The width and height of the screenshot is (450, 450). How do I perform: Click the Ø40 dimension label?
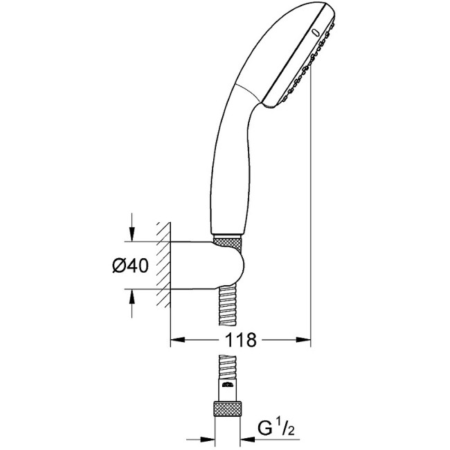point(129,266)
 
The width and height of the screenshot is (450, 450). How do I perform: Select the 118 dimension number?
point(240,340)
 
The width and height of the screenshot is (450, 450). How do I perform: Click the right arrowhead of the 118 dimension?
point(305,340)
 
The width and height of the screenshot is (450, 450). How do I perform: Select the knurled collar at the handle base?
point(228,242)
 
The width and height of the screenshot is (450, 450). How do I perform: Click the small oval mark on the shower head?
point(316,32)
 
